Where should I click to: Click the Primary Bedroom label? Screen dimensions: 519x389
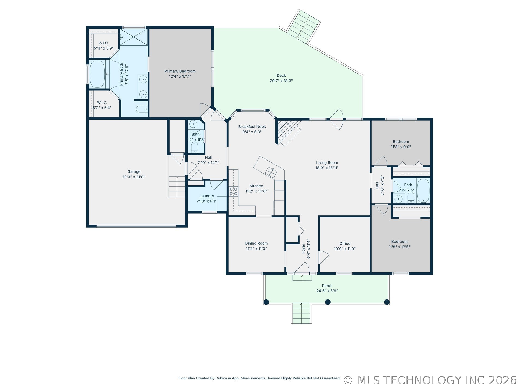180,71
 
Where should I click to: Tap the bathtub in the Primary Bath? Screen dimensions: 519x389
97,74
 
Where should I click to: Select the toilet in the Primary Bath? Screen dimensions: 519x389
142,109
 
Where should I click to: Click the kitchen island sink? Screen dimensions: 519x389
271,172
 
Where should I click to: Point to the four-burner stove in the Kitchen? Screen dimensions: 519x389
233,191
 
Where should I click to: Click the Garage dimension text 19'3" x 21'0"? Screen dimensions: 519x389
134,177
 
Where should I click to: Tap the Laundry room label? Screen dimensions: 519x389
207,196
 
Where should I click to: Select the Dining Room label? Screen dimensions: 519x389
256,243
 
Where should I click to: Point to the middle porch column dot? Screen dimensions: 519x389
328,302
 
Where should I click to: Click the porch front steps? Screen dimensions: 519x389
301,313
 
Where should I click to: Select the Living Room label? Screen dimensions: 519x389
327,163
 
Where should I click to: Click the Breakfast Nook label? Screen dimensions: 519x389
252,127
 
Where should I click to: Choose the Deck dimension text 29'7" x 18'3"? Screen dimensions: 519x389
281,81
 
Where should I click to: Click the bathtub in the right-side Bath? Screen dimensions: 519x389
423,191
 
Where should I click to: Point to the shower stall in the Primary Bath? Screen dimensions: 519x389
134,37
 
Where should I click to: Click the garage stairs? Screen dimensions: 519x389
177,186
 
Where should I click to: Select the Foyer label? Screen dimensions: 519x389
303,249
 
